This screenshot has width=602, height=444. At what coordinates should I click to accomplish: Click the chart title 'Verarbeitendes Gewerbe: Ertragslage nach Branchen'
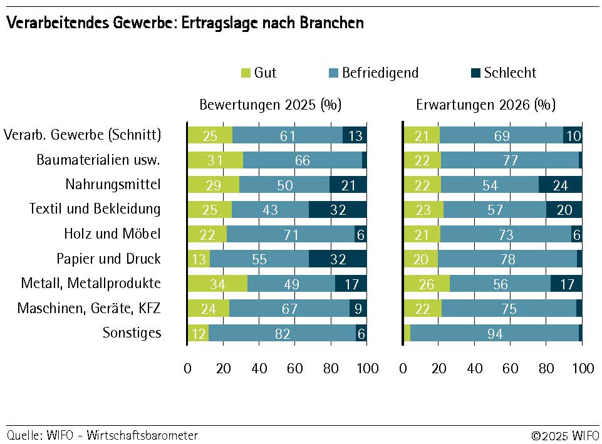click(185, 23)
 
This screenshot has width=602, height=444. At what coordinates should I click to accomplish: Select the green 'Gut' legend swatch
click(246, 73)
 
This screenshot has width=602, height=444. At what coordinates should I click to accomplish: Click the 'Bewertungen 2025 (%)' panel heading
click(270, 105)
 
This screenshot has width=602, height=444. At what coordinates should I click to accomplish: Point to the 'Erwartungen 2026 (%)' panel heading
click(485, 105)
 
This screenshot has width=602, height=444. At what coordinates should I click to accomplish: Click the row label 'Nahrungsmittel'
click(113, 184)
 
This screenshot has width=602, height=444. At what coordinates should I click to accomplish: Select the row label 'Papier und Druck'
click(108, 259)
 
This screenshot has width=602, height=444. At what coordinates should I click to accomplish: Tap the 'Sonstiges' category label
click(132, 333)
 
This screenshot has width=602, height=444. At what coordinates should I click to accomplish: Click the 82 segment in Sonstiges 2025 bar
click(283, 334)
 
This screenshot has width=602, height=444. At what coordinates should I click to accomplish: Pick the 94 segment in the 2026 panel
click(494, 334)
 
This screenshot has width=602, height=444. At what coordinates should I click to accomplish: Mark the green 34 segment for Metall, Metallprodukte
click(217, 284)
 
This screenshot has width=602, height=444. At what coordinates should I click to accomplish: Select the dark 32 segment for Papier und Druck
click(338, 259)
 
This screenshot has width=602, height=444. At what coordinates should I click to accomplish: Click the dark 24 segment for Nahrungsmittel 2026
click(560, 184)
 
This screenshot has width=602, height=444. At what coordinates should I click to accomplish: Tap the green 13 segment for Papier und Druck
click(199, 259)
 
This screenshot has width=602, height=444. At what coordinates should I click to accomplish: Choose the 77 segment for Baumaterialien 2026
click(510, 160)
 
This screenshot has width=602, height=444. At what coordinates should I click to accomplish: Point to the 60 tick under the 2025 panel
click(295, 368)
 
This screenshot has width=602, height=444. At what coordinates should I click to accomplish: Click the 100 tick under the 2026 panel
click(583, 368)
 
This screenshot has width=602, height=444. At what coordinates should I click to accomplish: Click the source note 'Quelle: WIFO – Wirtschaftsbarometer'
click(102, 435)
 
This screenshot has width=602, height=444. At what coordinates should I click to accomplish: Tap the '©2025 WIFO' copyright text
click(564, 435)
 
